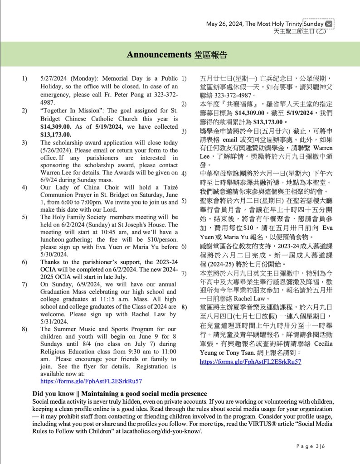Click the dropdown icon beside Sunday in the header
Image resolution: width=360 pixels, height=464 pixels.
(329, 24)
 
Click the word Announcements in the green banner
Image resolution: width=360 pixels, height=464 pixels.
(158, 55)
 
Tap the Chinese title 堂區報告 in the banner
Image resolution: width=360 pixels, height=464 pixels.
(210, 55)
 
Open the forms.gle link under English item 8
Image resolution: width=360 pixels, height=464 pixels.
(91, 381)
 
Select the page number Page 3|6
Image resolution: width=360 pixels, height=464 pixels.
(311, 446)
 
